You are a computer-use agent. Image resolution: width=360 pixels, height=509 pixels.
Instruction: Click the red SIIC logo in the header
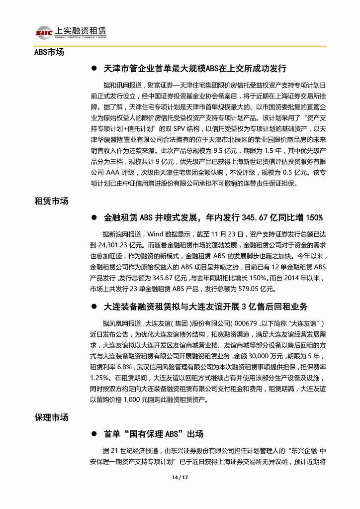coord(44,31)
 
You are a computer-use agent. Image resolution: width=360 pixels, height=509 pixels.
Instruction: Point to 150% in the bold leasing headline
coord(313,217)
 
